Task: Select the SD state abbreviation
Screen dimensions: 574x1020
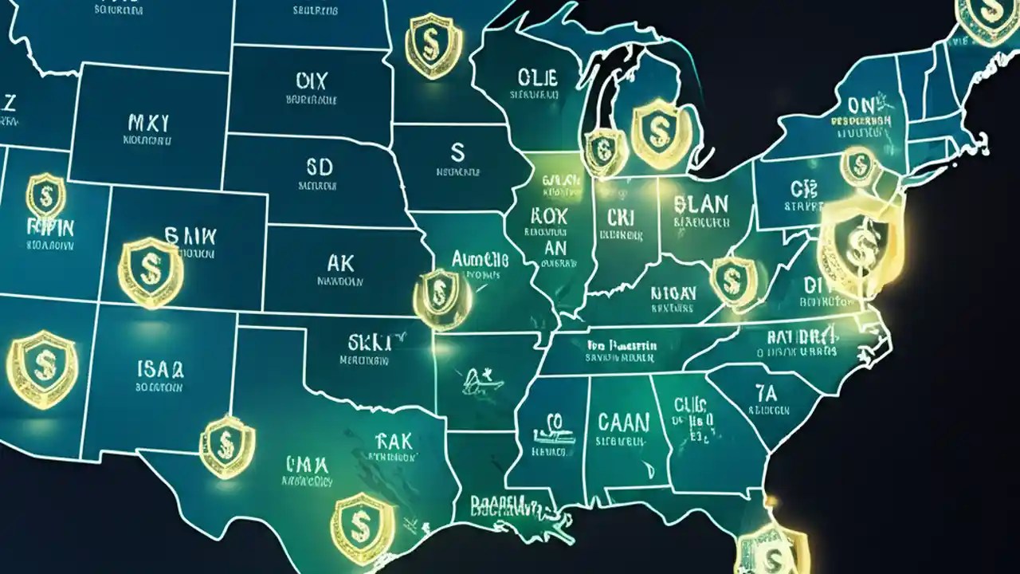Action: point(319,167)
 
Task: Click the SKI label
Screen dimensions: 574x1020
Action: point(370,343)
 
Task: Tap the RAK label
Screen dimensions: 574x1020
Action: point(393,440)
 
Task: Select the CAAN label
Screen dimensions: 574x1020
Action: point(622,422)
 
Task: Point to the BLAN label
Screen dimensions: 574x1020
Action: point(701,203)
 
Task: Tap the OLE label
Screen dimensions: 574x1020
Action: point(538,77)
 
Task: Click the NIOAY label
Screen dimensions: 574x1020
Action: point(673,293)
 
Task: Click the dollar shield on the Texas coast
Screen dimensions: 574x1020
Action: point(362,526)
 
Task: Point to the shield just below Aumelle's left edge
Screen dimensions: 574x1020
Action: point(438,297)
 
